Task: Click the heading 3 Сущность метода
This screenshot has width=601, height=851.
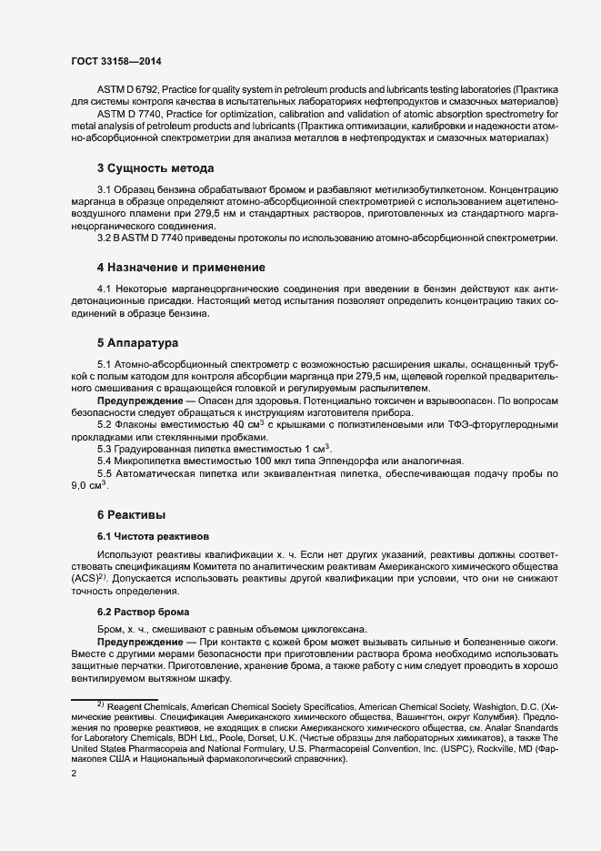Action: pos(155,168)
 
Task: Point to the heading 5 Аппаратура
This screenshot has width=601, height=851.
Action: pos(139,343)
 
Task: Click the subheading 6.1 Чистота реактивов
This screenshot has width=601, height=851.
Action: pos(153,537)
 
